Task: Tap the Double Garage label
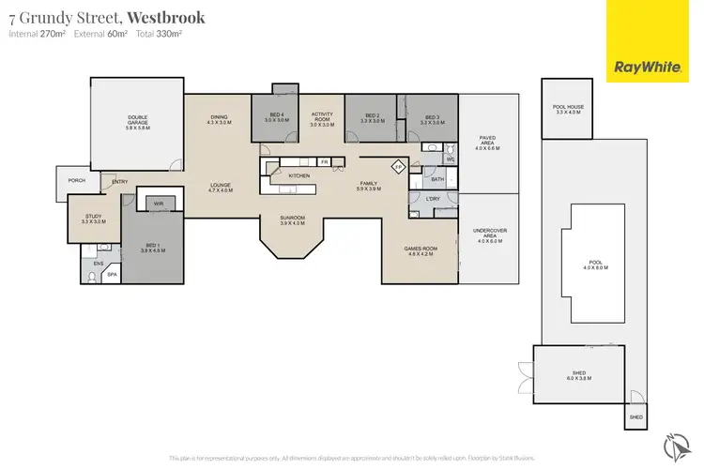(137, 121)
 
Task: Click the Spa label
(111, 274)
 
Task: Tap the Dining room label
(218, 119)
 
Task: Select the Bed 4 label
(274, 117)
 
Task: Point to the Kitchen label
(299, 175)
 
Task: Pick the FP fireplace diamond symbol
(398, 167)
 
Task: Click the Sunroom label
(293, 220)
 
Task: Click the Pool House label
(569, 109)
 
